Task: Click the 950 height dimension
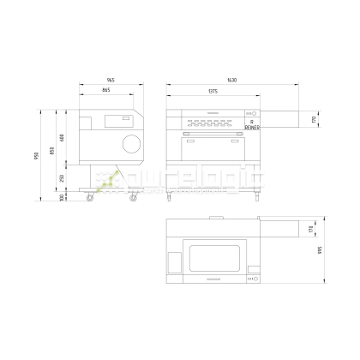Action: (37, 155)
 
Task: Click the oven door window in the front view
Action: (212, 146)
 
